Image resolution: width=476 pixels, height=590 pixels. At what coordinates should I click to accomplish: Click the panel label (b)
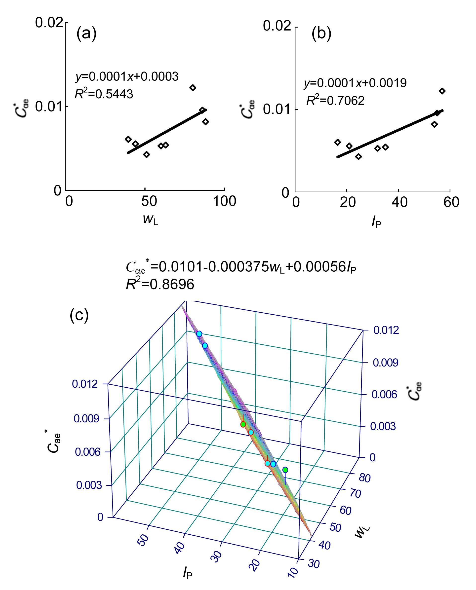pos(321,34)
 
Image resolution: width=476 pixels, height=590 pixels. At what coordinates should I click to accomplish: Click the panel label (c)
pos(79,315)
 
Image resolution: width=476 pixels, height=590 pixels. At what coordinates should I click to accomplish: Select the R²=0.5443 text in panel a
pos(104,94)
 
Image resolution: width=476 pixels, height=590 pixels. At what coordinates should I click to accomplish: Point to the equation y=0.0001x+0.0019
pos(355,83)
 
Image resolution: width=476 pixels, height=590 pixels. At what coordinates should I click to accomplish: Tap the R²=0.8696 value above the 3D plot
pos(160,284)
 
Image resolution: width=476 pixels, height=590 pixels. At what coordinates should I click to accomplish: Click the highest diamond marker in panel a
pos(193,88)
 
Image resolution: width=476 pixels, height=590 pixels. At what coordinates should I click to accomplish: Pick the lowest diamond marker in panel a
pos(146,154)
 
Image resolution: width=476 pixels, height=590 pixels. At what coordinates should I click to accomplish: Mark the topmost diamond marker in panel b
pos(442,91)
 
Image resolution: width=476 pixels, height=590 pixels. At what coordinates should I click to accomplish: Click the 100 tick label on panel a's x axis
pos(224,201)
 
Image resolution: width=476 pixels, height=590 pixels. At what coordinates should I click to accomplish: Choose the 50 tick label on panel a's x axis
pos(149,201)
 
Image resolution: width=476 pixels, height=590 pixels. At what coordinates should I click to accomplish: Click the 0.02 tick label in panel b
pos(277,26)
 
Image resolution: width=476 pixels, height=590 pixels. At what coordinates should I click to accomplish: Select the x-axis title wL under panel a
pos(150,220)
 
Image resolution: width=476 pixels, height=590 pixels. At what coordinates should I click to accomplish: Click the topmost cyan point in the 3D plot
pos(199,334)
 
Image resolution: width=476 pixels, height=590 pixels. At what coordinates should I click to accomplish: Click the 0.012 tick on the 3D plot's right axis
pos(386,330)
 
